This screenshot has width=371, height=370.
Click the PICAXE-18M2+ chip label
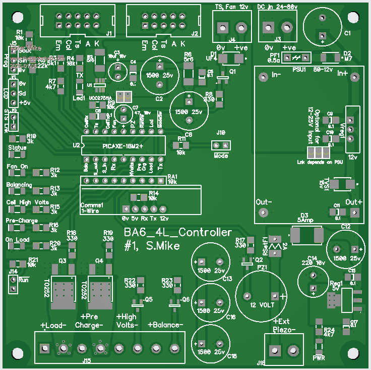[123, 146]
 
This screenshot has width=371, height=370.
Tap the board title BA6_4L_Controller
[178, 233]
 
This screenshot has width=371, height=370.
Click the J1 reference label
[109, 34]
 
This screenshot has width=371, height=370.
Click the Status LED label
[18, 147]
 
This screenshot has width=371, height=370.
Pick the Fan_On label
[18, 167]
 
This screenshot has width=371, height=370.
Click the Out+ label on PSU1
[354, 202]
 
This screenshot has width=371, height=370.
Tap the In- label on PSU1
[277, 74]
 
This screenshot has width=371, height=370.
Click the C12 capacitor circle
[345, 249]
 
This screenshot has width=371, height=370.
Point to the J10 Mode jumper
[221, 145]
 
